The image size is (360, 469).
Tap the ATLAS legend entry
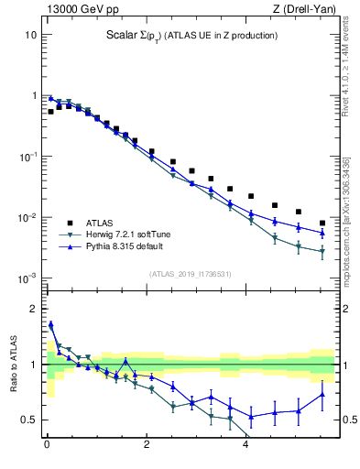100,223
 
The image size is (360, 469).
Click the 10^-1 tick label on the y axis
28,157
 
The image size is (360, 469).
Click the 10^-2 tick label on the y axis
28,218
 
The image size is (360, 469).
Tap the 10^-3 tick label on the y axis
28,278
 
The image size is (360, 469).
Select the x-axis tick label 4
245,447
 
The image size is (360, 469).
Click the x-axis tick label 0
47,447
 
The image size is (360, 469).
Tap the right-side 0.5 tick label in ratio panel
347,420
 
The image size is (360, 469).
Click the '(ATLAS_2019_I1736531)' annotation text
191,274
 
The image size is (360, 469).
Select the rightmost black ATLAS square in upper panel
322,223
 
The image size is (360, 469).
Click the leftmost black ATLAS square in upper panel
51,111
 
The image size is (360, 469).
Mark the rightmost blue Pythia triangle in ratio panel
322,395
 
